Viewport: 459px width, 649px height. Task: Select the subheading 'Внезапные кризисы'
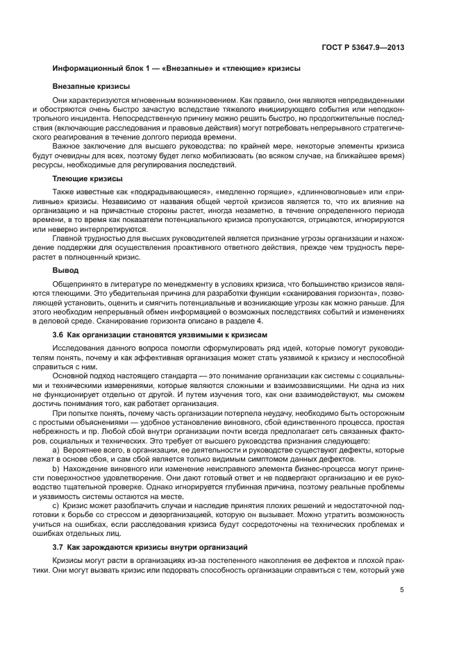click(91, 87)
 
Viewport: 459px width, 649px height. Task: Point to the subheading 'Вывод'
click(65, 269)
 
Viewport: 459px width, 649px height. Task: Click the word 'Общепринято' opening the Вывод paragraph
click(76, 283)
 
